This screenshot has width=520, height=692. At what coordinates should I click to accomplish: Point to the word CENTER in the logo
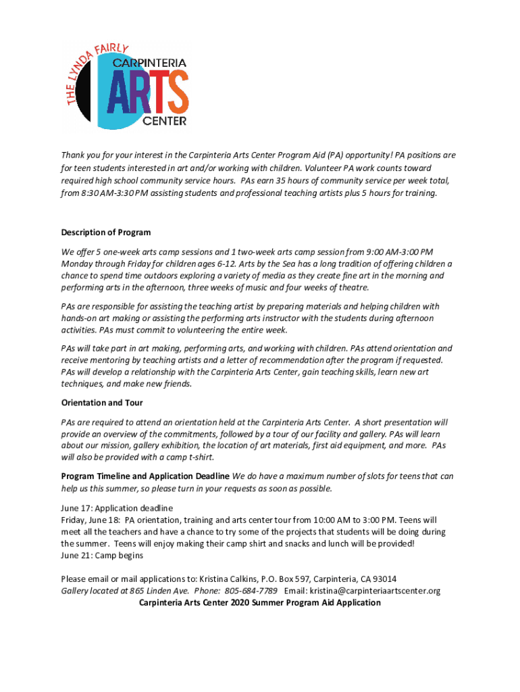[163, 121]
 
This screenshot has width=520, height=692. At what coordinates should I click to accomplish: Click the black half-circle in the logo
[84, 91]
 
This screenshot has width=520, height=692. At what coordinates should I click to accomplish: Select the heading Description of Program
[105, 232]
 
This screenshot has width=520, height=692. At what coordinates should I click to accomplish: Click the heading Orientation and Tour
[101, 403]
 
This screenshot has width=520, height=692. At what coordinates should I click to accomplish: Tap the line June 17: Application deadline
[117, 508]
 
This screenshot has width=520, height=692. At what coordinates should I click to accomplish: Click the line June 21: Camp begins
[102, 555]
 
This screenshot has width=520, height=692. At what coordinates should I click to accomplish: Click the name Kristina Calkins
[229, 578]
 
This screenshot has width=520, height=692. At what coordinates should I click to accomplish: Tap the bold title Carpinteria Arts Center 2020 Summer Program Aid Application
[259, 602]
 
